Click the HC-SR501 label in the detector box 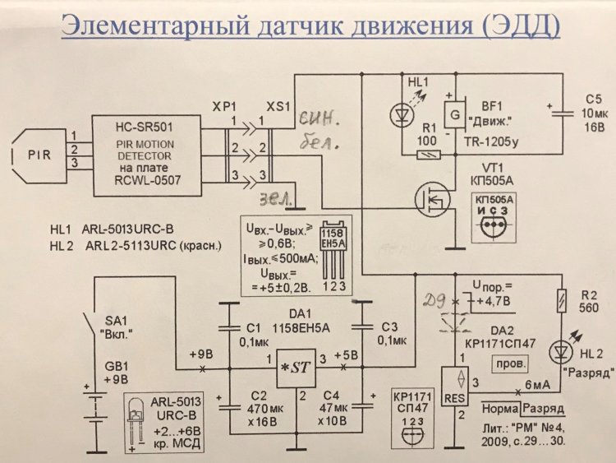(148, 123)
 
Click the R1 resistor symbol (429, 154)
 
